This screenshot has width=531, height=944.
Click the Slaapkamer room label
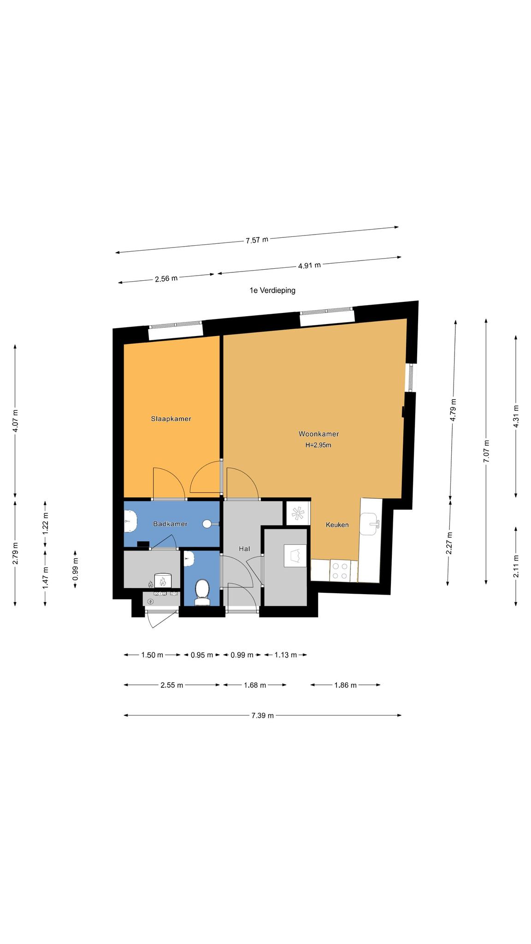coord(171,419)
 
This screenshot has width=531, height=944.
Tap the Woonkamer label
coord(319,434)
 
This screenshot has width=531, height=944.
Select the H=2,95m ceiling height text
coord(319,445)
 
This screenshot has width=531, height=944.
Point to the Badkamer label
coord(170,524)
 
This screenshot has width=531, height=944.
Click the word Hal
coord(244,549)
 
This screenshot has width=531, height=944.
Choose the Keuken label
coord(337,525)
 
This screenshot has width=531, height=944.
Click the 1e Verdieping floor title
coord(272,290)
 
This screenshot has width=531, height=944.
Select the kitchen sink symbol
coord(371,524)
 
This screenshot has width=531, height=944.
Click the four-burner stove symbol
coord(340,571)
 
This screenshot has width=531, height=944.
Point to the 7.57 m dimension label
coord(257,240)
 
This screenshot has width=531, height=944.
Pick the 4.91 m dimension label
coord(309,265)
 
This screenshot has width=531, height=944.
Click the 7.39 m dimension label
coord(263,715)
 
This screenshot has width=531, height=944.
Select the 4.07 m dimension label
coord(15,421)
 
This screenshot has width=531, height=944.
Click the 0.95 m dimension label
coord(202,655)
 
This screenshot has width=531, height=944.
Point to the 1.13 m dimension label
coord(286,655)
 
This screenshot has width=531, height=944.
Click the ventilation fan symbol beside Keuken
coord(297,513)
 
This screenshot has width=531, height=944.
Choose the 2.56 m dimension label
coord(166,278)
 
